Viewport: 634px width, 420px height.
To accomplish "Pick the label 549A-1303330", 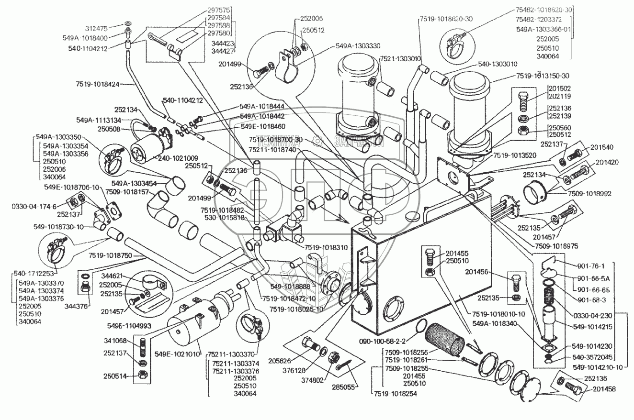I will [x=358, y=46].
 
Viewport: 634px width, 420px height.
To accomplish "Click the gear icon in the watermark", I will [x=317, y=141].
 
